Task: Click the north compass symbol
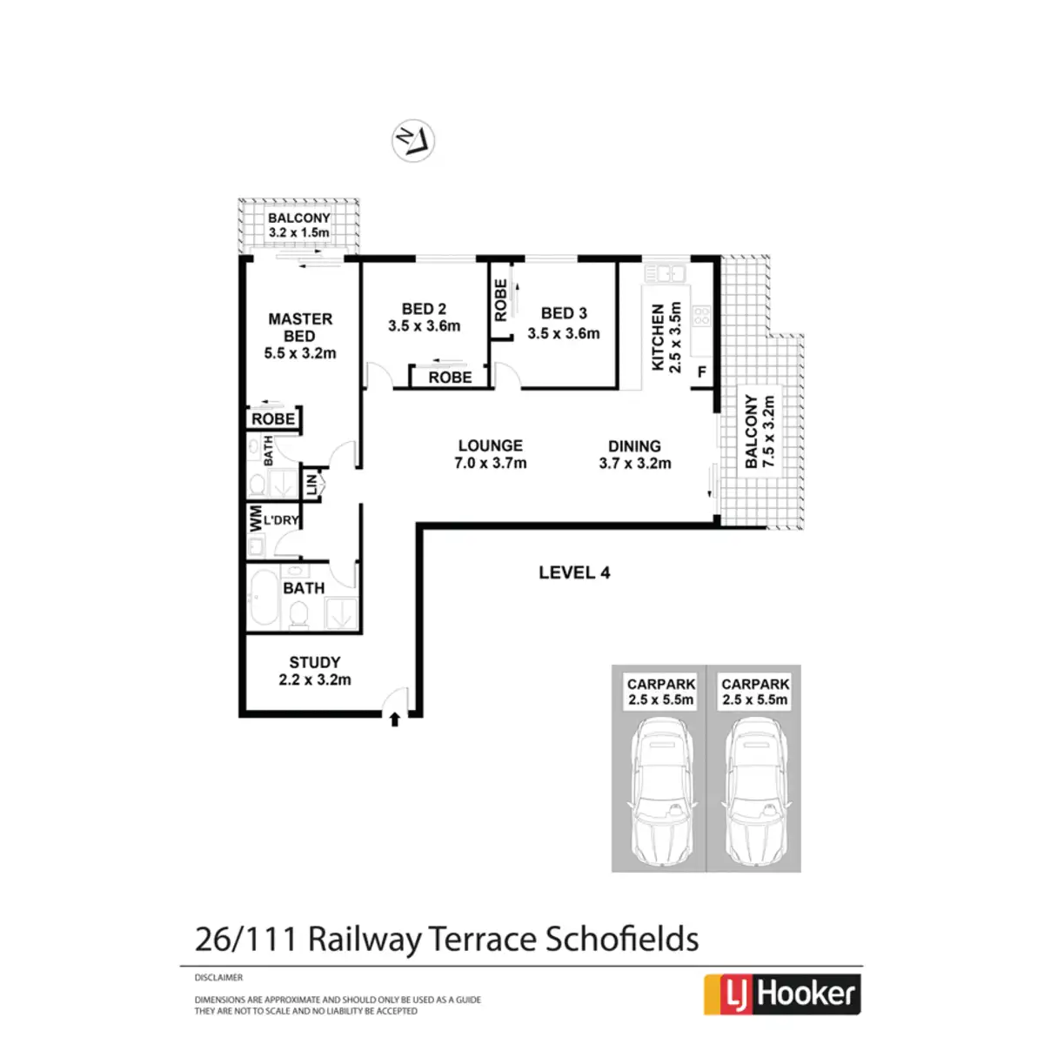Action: pos(413,140)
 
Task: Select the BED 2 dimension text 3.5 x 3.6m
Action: pos(425,326)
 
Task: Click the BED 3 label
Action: pos(564,313)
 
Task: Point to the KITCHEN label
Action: pos(658,337)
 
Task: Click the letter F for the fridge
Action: pos(701,372)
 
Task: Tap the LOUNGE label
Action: pos(491,445)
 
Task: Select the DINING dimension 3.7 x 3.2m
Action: pos(635,463)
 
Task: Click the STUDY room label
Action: pos(315,662)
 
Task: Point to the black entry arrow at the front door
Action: pos(395,719)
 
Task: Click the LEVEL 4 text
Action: pos(574,572)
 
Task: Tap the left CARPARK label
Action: pos(661,685)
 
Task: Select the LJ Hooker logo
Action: pos(782,994)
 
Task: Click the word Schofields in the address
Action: pos(622,939)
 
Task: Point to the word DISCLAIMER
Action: pos(218,977)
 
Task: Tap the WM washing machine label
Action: pos(255,519)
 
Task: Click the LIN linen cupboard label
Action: pos(311,485)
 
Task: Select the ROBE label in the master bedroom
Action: pos(273,418)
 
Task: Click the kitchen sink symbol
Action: pos(665,272)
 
